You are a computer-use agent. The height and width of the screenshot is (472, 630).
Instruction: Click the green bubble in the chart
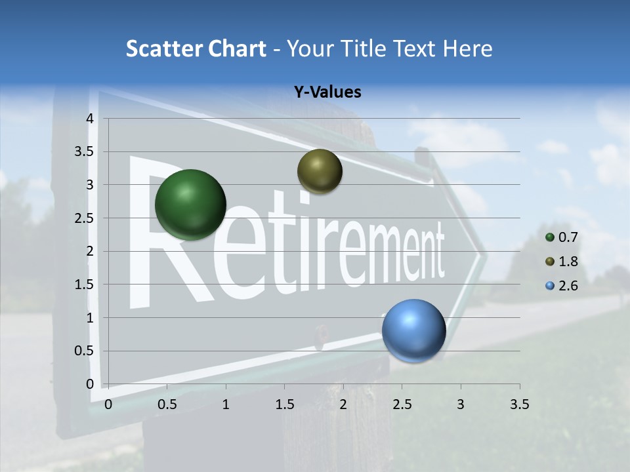[190, 205]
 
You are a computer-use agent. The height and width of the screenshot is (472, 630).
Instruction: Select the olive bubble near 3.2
[320, 171]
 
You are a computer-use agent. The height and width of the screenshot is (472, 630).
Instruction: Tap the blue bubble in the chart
[413, 330]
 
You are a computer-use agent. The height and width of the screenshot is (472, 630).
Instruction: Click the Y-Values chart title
[327, 92]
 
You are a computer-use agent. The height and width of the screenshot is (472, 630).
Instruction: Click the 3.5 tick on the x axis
[519, 404]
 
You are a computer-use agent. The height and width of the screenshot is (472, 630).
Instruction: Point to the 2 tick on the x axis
[343, 404]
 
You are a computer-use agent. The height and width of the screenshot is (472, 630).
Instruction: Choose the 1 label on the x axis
[226, 404]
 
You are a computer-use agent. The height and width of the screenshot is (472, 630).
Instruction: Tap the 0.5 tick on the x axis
[167, 404]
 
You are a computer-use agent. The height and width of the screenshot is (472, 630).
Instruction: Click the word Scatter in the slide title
[164, 49]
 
